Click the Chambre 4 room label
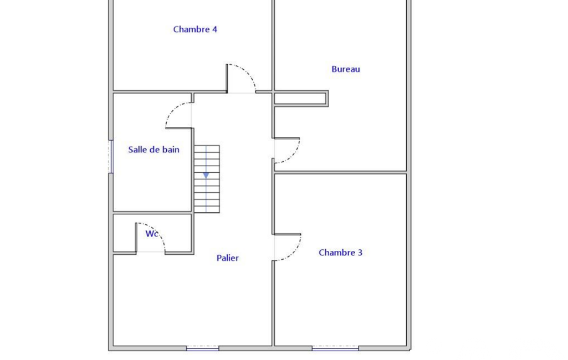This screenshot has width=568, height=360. pos(195,29)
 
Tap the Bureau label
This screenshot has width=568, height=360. pos(346,69)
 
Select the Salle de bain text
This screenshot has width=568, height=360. pos(153,150)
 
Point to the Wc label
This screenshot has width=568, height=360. pos(152,234)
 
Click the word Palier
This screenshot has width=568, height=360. pos(228,258)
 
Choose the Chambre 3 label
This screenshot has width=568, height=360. pos(340,253)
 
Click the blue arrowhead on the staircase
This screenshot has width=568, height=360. pos(206,175)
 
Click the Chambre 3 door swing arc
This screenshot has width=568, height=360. pos(294,253)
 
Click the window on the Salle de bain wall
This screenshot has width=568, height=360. pos(110,156)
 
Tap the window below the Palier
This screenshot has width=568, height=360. pos(202,348)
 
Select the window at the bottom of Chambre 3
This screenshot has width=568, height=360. pos(335,348)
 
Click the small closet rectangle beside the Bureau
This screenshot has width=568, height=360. pos(301,99)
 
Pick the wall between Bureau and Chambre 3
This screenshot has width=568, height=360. pos(340,172)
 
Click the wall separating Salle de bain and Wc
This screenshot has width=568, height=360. pos(152,213)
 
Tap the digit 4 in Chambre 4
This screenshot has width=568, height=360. pos(215,29)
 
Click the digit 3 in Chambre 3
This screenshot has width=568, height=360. pos(360,253)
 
